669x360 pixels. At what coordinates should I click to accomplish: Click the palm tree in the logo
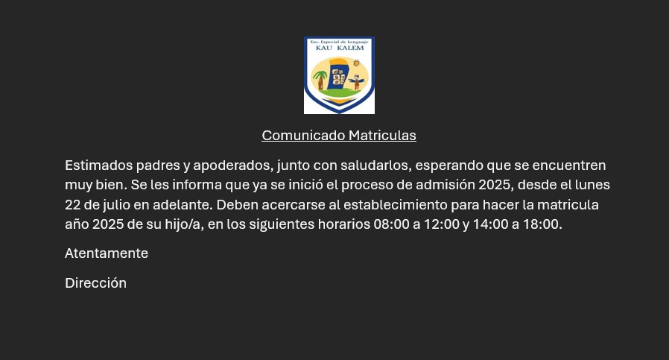[320, 80]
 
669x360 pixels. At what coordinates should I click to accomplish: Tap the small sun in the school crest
[357, 63]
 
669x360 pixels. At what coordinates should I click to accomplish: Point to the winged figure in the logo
[357, 81]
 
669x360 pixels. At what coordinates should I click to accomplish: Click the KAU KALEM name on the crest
[340, 48]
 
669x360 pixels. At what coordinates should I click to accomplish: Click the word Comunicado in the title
[303, 136]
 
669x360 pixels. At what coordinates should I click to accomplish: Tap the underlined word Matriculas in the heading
[382, 136]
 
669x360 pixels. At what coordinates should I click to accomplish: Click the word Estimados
[99, 165]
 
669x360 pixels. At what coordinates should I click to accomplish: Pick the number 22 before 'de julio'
[72, 205]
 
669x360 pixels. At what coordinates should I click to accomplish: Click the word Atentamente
[107, 253]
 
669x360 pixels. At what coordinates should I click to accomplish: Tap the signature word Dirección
[95, 283]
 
